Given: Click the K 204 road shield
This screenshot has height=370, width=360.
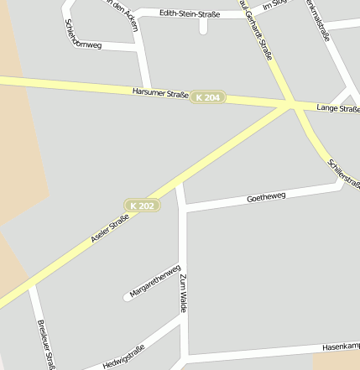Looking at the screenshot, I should point(208,98).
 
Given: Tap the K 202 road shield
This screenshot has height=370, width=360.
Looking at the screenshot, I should point(142,206).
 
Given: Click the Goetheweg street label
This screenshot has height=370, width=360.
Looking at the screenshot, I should point(267,198).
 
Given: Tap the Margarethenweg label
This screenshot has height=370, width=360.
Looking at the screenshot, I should point(155,282).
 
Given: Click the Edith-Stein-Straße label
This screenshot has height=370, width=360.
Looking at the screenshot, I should point(184,13).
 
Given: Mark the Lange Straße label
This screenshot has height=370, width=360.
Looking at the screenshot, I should point(338,108).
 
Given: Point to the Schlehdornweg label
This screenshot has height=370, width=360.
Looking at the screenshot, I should point(83,34).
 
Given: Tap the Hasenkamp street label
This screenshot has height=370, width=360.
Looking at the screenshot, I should point(341,346).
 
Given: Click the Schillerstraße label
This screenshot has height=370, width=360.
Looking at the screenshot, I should point(344,172).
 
